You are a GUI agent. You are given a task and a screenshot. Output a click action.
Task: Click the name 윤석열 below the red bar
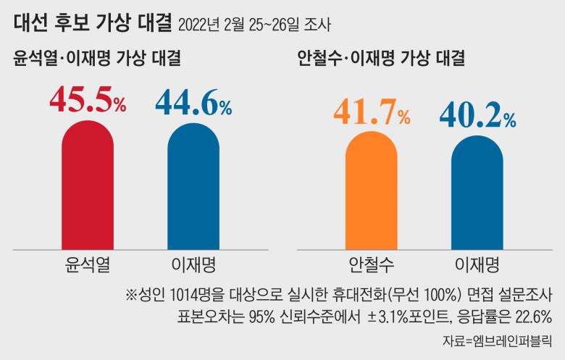tap(87, 261)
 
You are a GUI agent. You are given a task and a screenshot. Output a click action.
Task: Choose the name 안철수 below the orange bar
tap(371, 261)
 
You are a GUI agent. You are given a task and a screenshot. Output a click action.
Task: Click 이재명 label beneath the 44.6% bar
tap(193, 261)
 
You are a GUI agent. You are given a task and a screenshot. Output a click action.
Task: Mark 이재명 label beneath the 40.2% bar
tap(477, 261)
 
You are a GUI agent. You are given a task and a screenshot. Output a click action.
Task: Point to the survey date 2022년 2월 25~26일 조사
tap(254, 27)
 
